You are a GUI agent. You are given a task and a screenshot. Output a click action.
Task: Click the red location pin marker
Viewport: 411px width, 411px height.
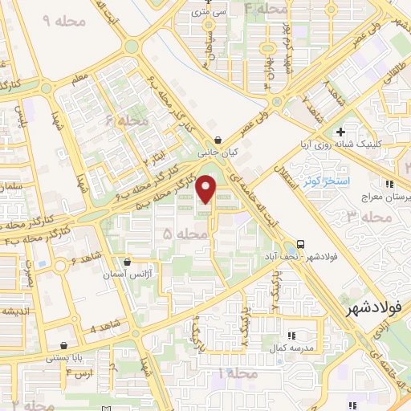point(207,188)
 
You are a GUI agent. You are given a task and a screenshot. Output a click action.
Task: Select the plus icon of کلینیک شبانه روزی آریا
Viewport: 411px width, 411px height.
point(340,131)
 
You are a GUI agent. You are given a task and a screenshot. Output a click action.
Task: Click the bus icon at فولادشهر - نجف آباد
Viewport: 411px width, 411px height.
point(300,243)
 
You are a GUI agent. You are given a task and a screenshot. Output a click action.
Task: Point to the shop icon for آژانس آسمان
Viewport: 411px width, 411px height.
point(127,262)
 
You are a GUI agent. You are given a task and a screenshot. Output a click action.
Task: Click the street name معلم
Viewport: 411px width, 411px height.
point(79,78)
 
